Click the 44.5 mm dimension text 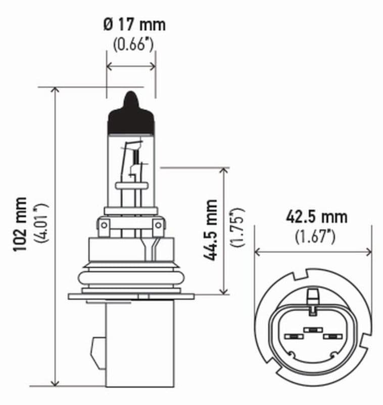(x=210, y=230)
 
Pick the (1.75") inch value (x=237, y=227)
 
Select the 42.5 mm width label (x=316, y=217)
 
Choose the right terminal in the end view (x=332, y=337)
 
